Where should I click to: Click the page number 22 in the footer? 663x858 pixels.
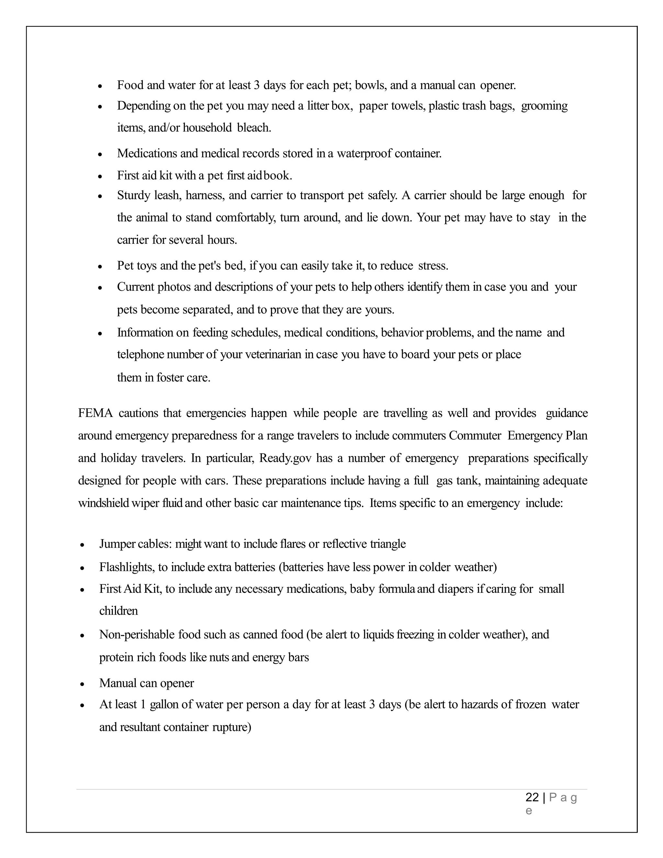(x=532, y=797)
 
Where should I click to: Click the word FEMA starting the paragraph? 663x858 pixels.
(x=95, y=413)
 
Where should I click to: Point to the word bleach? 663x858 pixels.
(x=254, y=128)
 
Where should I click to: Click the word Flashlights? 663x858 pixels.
(x=127, y=567)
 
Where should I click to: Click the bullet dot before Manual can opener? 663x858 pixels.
(x=82, y=684)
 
